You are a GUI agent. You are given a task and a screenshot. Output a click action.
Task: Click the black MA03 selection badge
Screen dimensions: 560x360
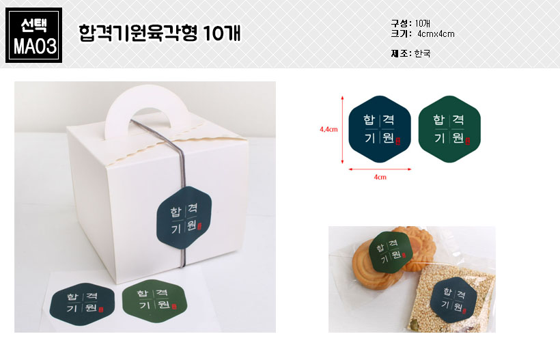(34, 36)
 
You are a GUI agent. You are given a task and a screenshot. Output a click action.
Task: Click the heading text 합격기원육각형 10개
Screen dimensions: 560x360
(160, 33)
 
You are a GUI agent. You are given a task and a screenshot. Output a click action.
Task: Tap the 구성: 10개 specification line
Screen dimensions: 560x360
(410, 24)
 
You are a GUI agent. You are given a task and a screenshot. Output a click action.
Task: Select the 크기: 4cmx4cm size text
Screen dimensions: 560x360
(423, 34)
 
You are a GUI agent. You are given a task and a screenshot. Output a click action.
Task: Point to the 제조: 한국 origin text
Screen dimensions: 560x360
(410, 53)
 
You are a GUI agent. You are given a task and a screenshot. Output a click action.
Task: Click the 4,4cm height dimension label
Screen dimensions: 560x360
(328, 129)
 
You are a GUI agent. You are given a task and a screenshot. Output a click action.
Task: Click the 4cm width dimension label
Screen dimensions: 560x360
(380, 177)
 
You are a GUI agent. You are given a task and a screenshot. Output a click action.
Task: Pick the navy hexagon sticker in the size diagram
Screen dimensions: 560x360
(380, 129)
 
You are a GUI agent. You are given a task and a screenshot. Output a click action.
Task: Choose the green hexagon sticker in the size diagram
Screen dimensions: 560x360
(449, 129)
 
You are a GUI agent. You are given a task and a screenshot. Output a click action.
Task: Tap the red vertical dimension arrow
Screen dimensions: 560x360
(342, 130)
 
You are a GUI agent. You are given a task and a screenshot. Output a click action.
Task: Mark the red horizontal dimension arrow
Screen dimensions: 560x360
(380, 169)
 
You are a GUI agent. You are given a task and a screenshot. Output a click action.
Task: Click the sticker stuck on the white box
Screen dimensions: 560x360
(184, 217)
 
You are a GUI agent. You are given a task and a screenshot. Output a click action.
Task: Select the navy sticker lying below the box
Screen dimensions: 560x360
(82, 304)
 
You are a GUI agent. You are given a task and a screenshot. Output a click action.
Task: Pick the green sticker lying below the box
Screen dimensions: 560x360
(154, 301)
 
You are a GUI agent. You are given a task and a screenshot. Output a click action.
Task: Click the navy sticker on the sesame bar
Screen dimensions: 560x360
(453, 299)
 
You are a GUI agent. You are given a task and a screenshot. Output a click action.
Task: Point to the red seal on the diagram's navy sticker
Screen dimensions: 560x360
(398, 141)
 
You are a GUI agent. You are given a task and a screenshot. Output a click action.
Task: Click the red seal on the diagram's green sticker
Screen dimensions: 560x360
(468, 141)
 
